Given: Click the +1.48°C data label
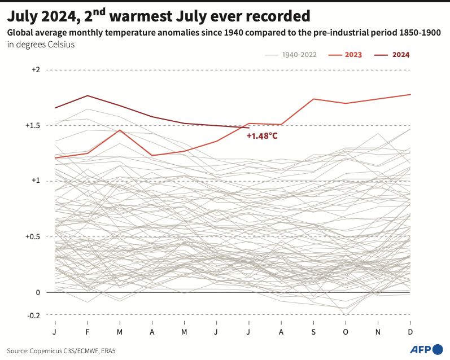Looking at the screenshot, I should click(x=262, y=135).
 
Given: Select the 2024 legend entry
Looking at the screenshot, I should click(x=400, y=55).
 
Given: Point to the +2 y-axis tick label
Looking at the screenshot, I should click(x=36, y=69).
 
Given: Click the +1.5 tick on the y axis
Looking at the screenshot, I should click(x=33, y=125).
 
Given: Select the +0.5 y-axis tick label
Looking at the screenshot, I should click(x=33, y=236).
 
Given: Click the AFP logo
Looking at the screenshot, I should click(x=425, y=349).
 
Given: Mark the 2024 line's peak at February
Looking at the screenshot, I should click(x=88, y=95).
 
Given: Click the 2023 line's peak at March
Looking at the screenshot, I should click(x=120, y=130).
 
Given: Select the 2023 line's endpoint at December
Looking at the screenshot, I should click(x=410, y=94).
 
